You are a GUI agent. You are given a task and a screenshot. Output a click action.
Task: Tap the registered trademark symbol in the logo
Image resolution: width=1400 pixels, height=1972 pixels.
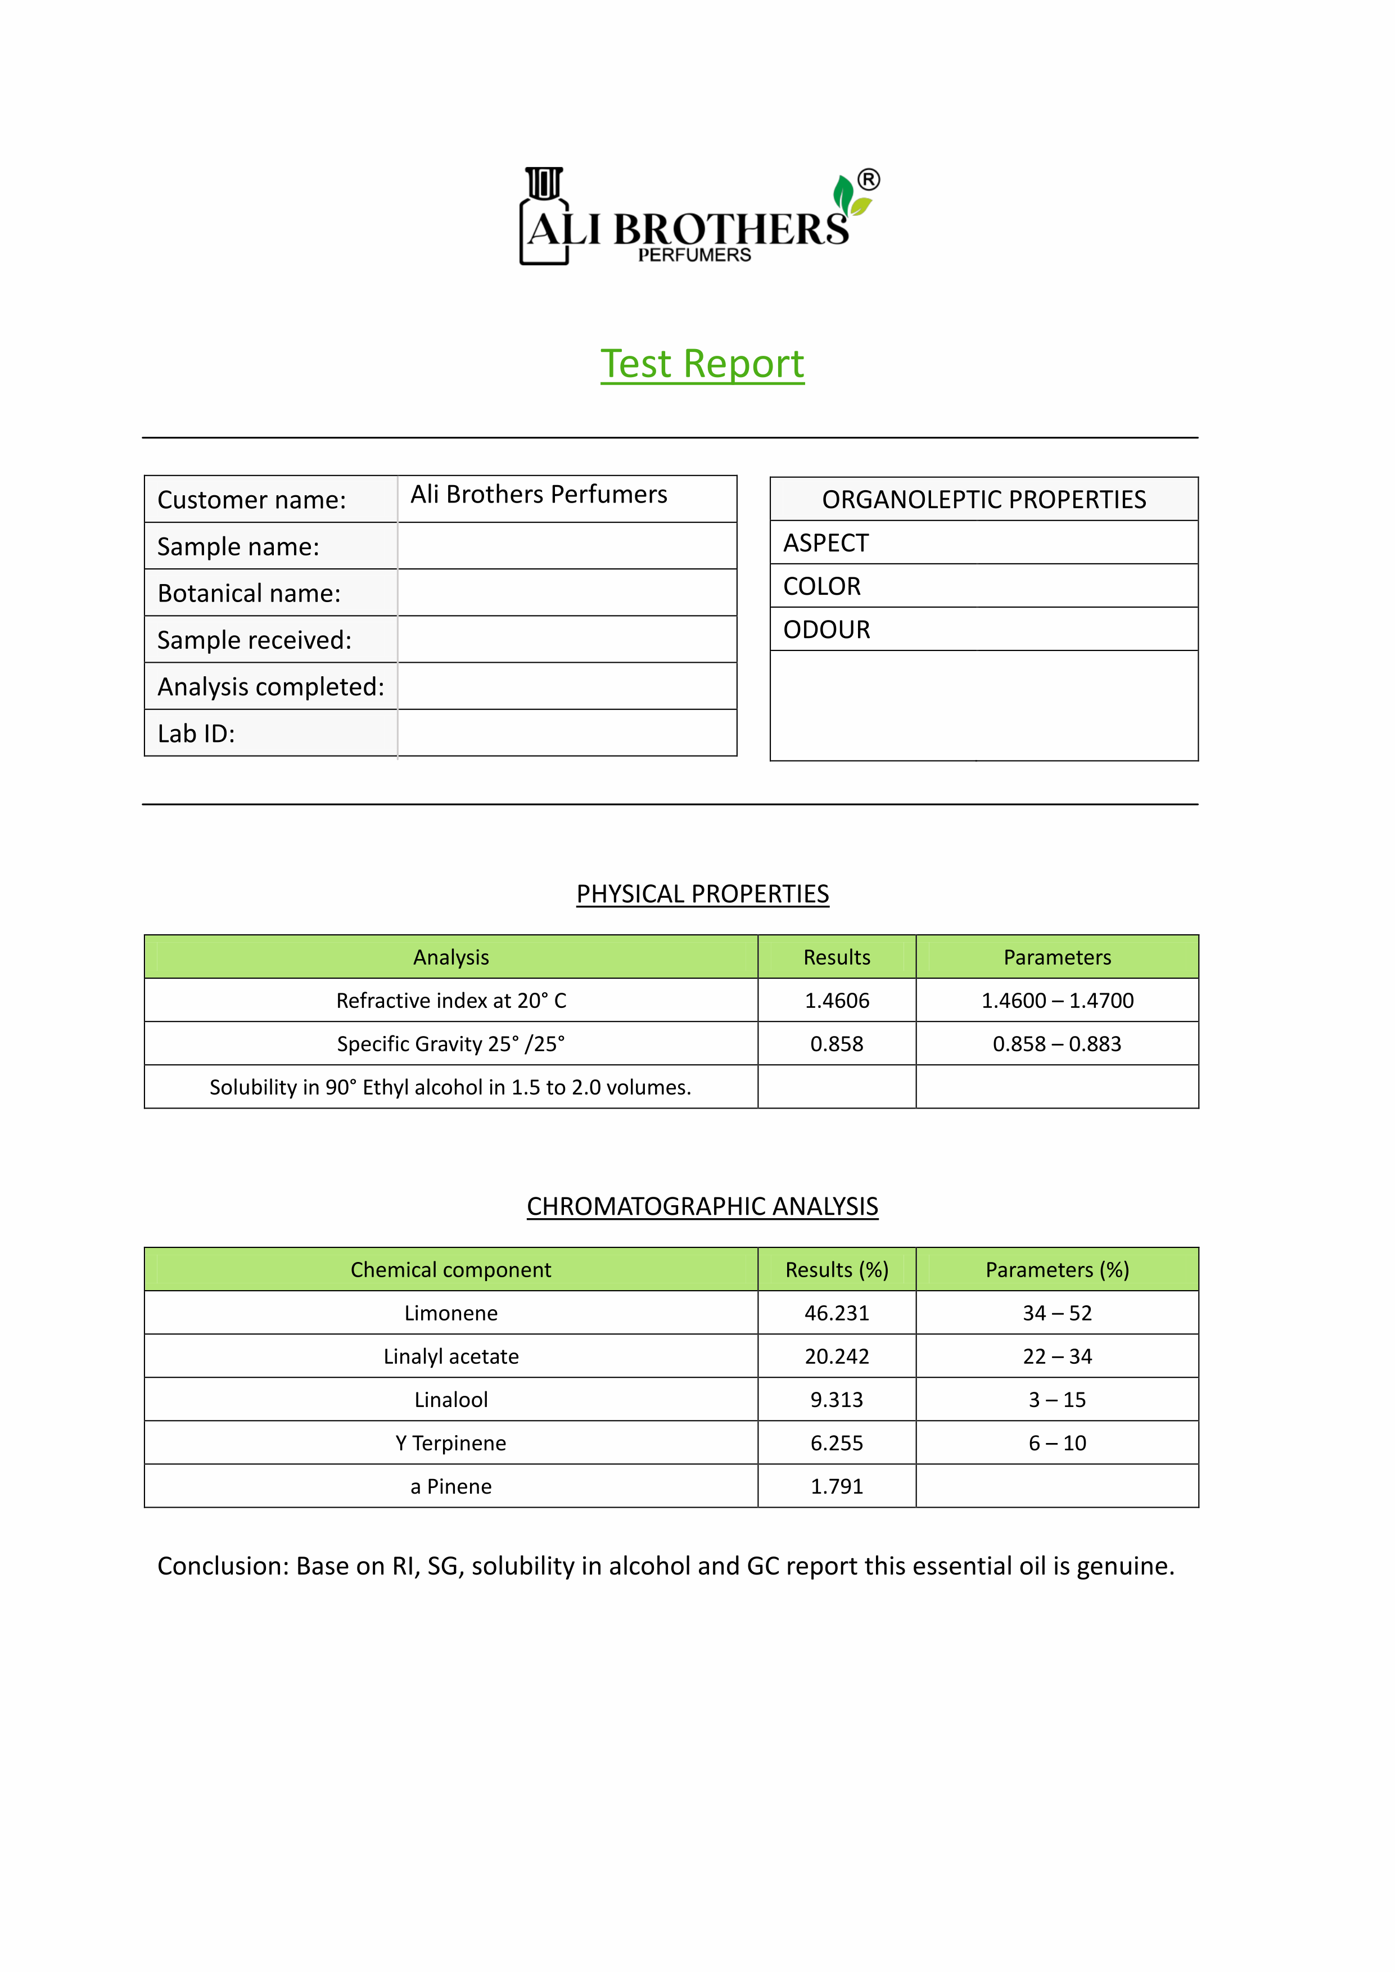[x=869, y=179]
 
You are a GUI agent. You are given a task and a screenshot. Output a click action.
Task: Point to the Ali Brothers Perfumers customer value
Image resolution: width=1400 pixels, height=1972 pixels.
[x=539, y=495]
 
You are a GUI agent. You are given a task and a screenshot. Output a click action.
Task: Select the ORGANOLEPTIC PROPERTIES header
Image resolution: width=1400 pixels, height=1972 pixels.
[x=983, y=500]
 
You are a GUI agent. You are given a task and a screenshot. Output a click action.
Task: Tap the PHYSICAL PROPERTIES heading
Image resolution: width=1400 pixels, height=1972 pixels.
[x=703, y=894]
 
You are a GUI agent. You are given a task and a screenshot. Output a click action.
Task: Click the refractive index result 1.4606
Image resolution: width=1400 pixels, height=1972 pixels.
[x=836, y=1001]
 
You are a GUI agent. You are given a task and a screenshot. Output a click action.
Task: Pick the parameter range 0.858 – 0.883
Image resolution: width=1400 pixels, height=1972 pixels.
[x=1057, y=1044]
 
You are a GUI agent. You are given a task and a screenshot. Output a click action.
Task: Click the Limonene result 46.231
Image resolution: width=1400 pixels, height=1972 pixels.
[x=836, y=1313]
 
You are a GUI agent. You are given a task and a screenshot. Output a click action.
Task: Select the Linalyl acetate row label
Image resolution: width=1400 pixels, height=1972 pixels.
[x=451, y=1356]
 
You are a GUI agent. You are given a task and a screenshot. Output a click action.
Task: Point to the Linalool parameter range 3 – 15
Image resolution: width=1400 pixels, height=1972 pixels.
[x=1057, y=1400]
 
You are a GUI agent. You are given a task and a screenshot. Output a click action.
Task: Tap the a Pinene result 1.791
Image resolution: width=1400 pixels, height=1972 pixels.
[x=836, y=1486]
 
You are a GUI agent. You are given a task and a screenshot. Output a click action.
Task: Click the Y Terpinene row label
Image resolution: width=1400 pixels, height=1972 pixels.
[x=451, y=1443]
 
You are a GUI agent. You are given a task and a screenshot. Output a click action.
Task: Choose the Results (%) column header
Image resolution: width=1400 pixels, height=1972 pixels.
[x=836, y=1269]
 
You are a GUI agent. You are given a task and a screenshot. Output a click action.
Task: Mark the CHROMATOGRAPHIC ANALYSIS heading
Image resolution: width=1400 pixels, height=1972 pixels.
[x=703, y=1206]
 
